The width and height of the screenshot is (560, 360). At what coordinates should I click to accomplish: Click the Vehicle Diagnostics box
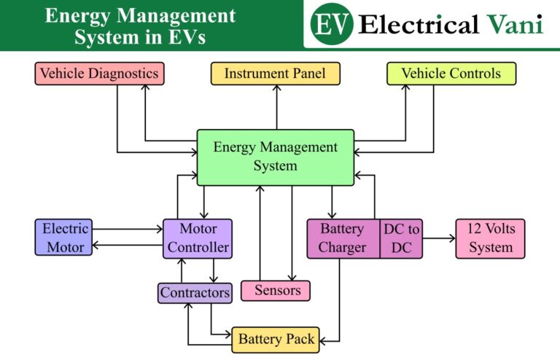(98, 74)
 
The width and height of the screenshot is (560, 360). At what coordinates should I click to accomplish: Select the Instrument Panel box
(275, 74)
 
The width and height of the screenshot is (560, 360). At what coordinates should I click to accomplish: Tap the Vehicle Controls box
(451, 74)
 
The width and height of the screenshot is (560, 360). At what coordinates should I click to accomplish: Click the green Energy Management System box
(275, 157)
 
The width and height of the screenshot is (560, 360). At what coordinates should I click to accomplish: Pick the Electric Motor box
(65, 238)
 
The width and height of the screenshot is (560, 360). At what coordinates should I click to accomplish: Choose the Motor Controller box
(198, 238)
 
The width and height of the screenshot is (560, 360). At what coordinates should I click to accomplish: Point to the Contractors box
(195, 293)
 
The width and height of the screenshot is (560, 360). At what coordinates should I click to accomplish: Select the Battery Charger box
(342, 238)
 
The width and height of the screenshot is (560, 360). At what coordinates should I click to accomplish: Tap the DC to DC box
(401, 238)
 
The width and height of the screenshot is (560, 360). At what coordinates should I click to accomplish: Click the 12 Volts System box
(490, 238)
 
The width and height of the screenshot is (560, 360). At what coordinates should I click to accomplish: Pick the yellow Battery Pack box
(276, 340)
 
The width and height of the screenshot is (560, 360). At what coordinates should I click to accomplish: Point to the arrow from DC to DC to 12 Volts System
(437, 238)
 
